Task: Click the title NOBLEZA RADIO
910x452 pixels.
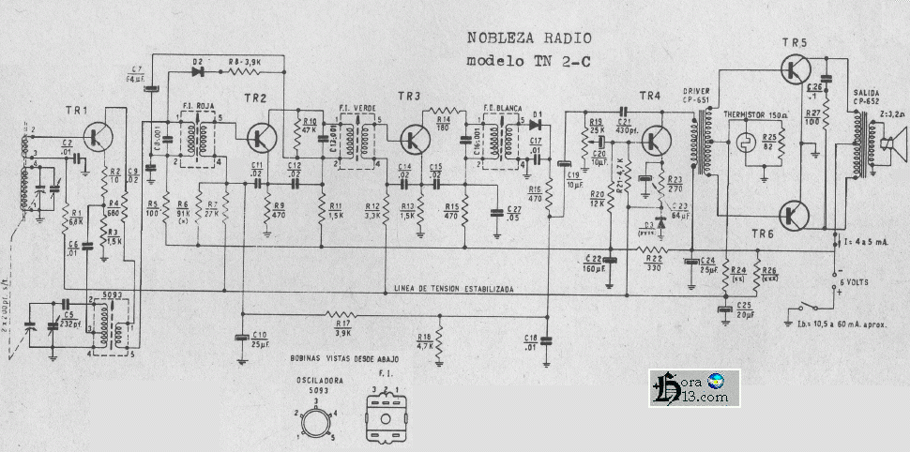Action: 529,38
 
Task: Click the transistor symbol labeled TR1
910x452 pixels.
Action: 97,137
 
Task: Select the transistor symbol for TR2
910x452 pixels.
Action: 261,138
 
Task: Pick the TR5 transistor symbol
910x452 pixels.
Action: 796,69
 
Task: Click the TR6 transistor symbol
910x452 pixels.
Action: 796,215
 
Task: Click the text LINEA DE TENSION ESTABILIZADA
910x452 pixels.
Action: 453,289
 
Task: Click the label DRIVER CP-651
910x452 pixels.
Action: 696,94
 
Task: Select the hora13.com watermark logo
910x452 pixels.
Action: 694,387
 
